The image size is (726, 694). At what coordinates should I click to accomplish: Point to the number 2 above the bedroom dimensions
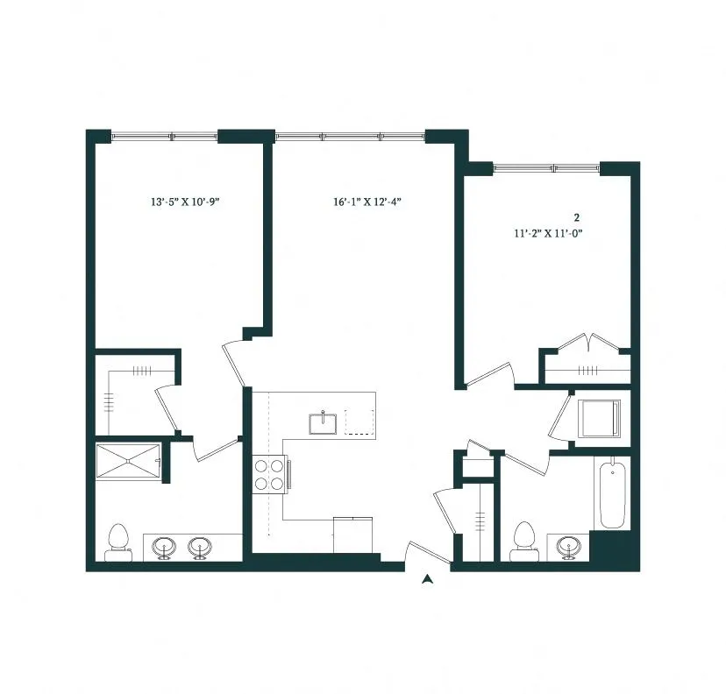[577, 216]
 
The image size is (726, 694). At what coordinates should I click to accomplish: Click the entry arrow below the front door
[427, 579]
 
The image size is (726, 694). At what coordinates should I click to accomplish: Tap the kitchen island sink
[323, 423]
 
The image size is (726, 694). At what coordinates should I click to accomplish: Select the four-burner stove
[270, 474]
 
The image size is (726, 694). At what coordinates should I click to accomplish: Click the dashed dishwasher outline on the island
[359, 421]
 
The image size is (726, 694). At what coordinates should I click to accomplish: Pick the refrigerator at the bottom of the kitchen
[353, 535]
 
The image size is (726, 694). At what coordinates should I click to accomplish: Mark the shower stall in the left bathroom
[129, 461]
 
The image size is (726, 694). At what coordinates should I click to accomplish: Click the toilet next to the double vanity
[117, 542]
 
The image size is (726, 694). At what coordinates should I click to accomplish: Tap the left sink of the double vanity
[164, 548]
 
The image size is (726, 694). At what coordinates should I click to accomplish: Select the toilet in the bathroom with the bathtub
[523, 541]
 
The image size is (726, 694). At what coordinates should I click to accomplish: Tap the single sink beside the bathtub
[569, 548]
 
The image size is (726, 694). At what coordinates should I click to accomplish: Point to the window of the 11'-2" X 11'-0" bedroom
[547, 166]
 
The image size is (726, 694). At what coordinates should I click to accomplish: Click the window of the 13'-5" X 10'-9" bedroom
[164, 136]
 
